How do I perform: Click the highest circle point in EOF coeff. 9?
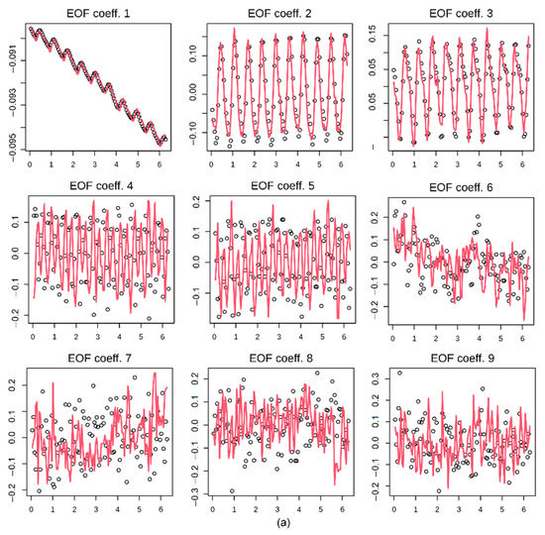[x=398, y=374]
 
